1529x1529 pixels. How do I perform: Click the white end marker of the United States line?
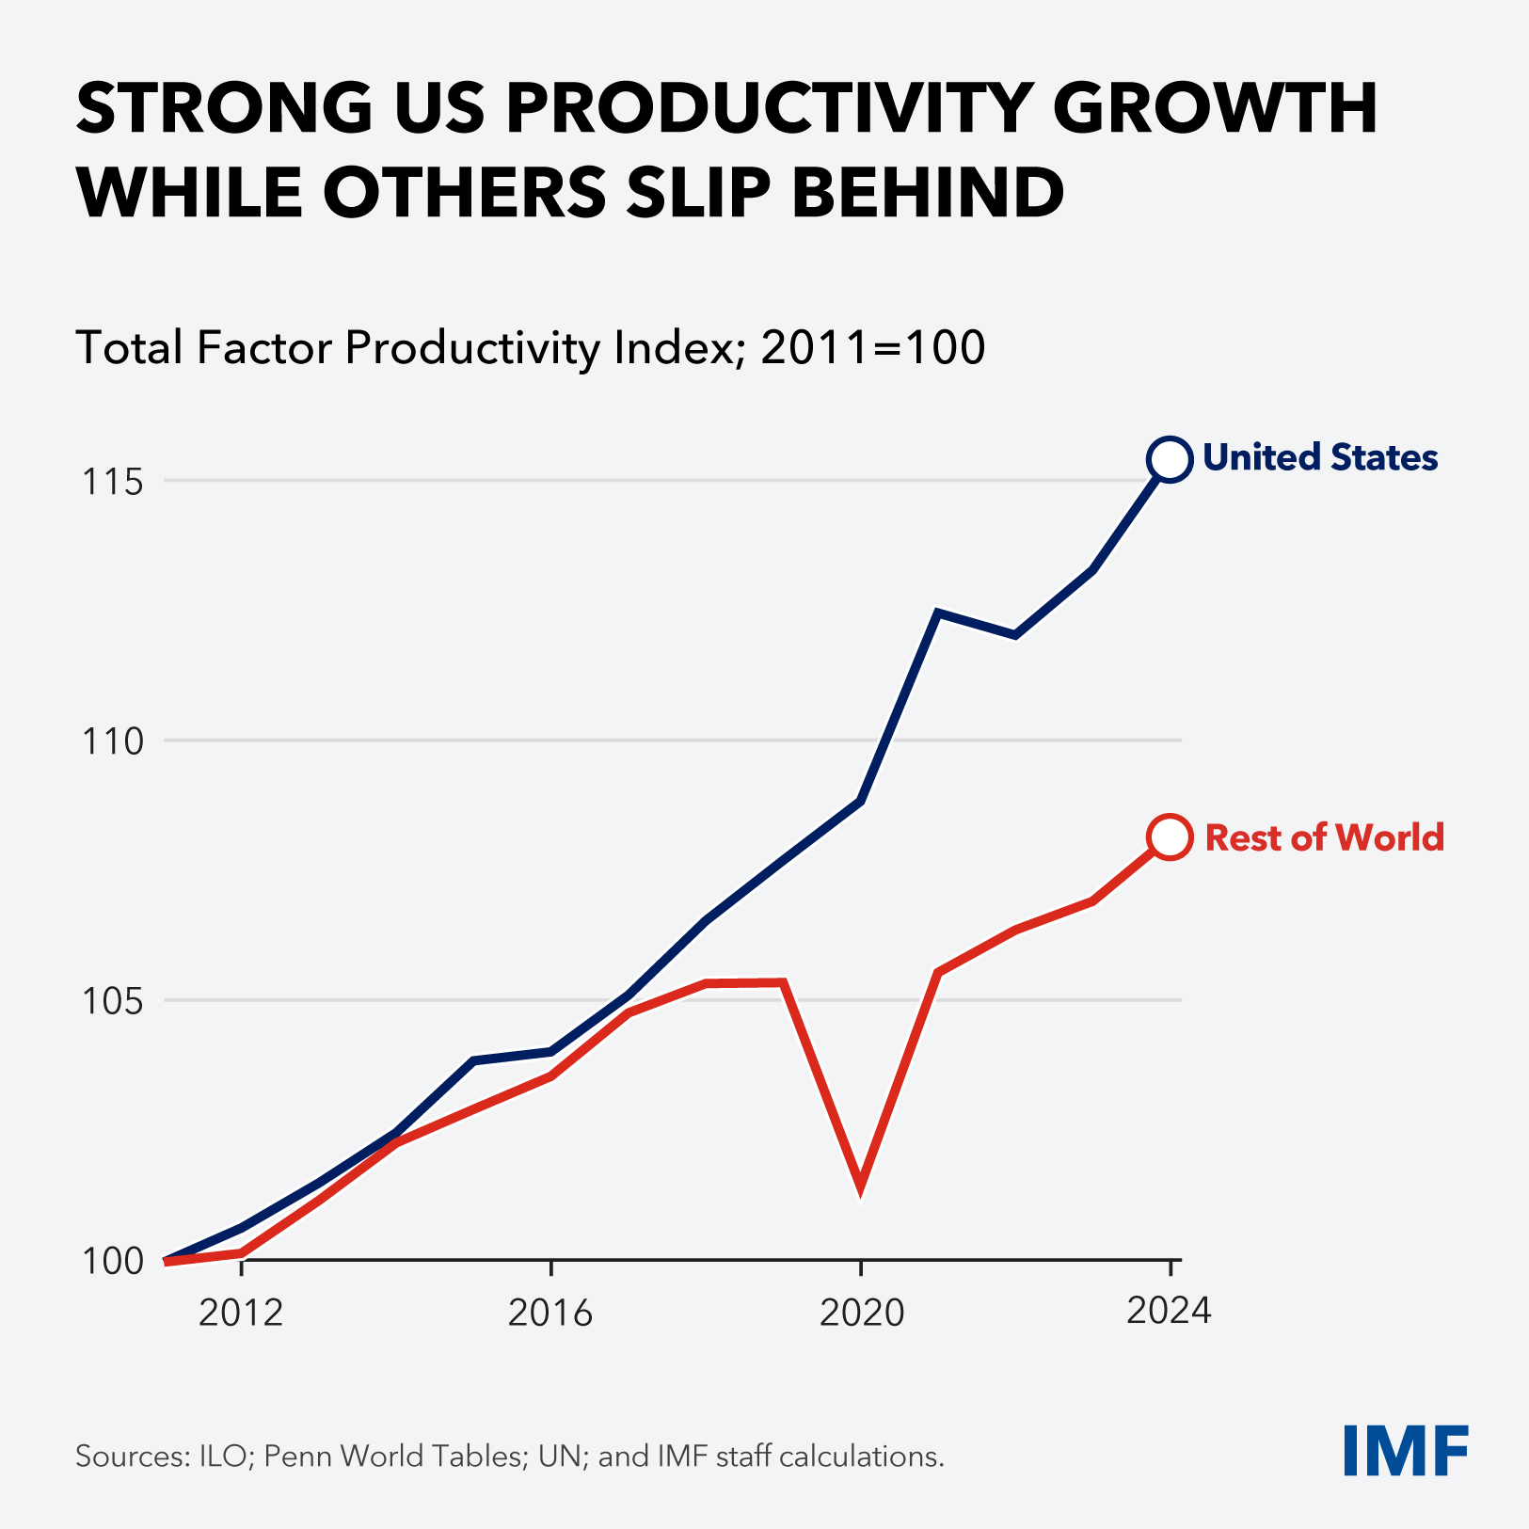tap(1170, 459)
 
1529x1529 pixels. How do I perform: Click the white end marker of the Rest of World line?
tap(1170, 836)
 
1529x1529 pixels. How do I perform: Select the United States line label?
tap(1320, 457)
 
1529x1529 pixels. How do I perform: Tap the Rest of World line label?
tap(1324, 837)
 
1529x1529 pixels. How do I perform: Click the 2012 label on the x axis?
tap(242, 1312)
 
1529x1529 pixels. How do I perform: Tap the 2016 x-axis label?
tap(550, 1312)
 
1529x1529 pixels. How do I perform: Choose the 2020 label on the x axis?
tap(861, 1312)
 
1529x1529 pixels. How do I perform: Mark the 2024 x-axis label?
tap(1169, 1310)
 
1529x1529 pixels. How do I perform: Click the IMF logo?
tap(1406, 1450)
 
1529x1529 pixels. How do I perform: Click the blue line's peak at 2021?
tap(937, 613)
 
